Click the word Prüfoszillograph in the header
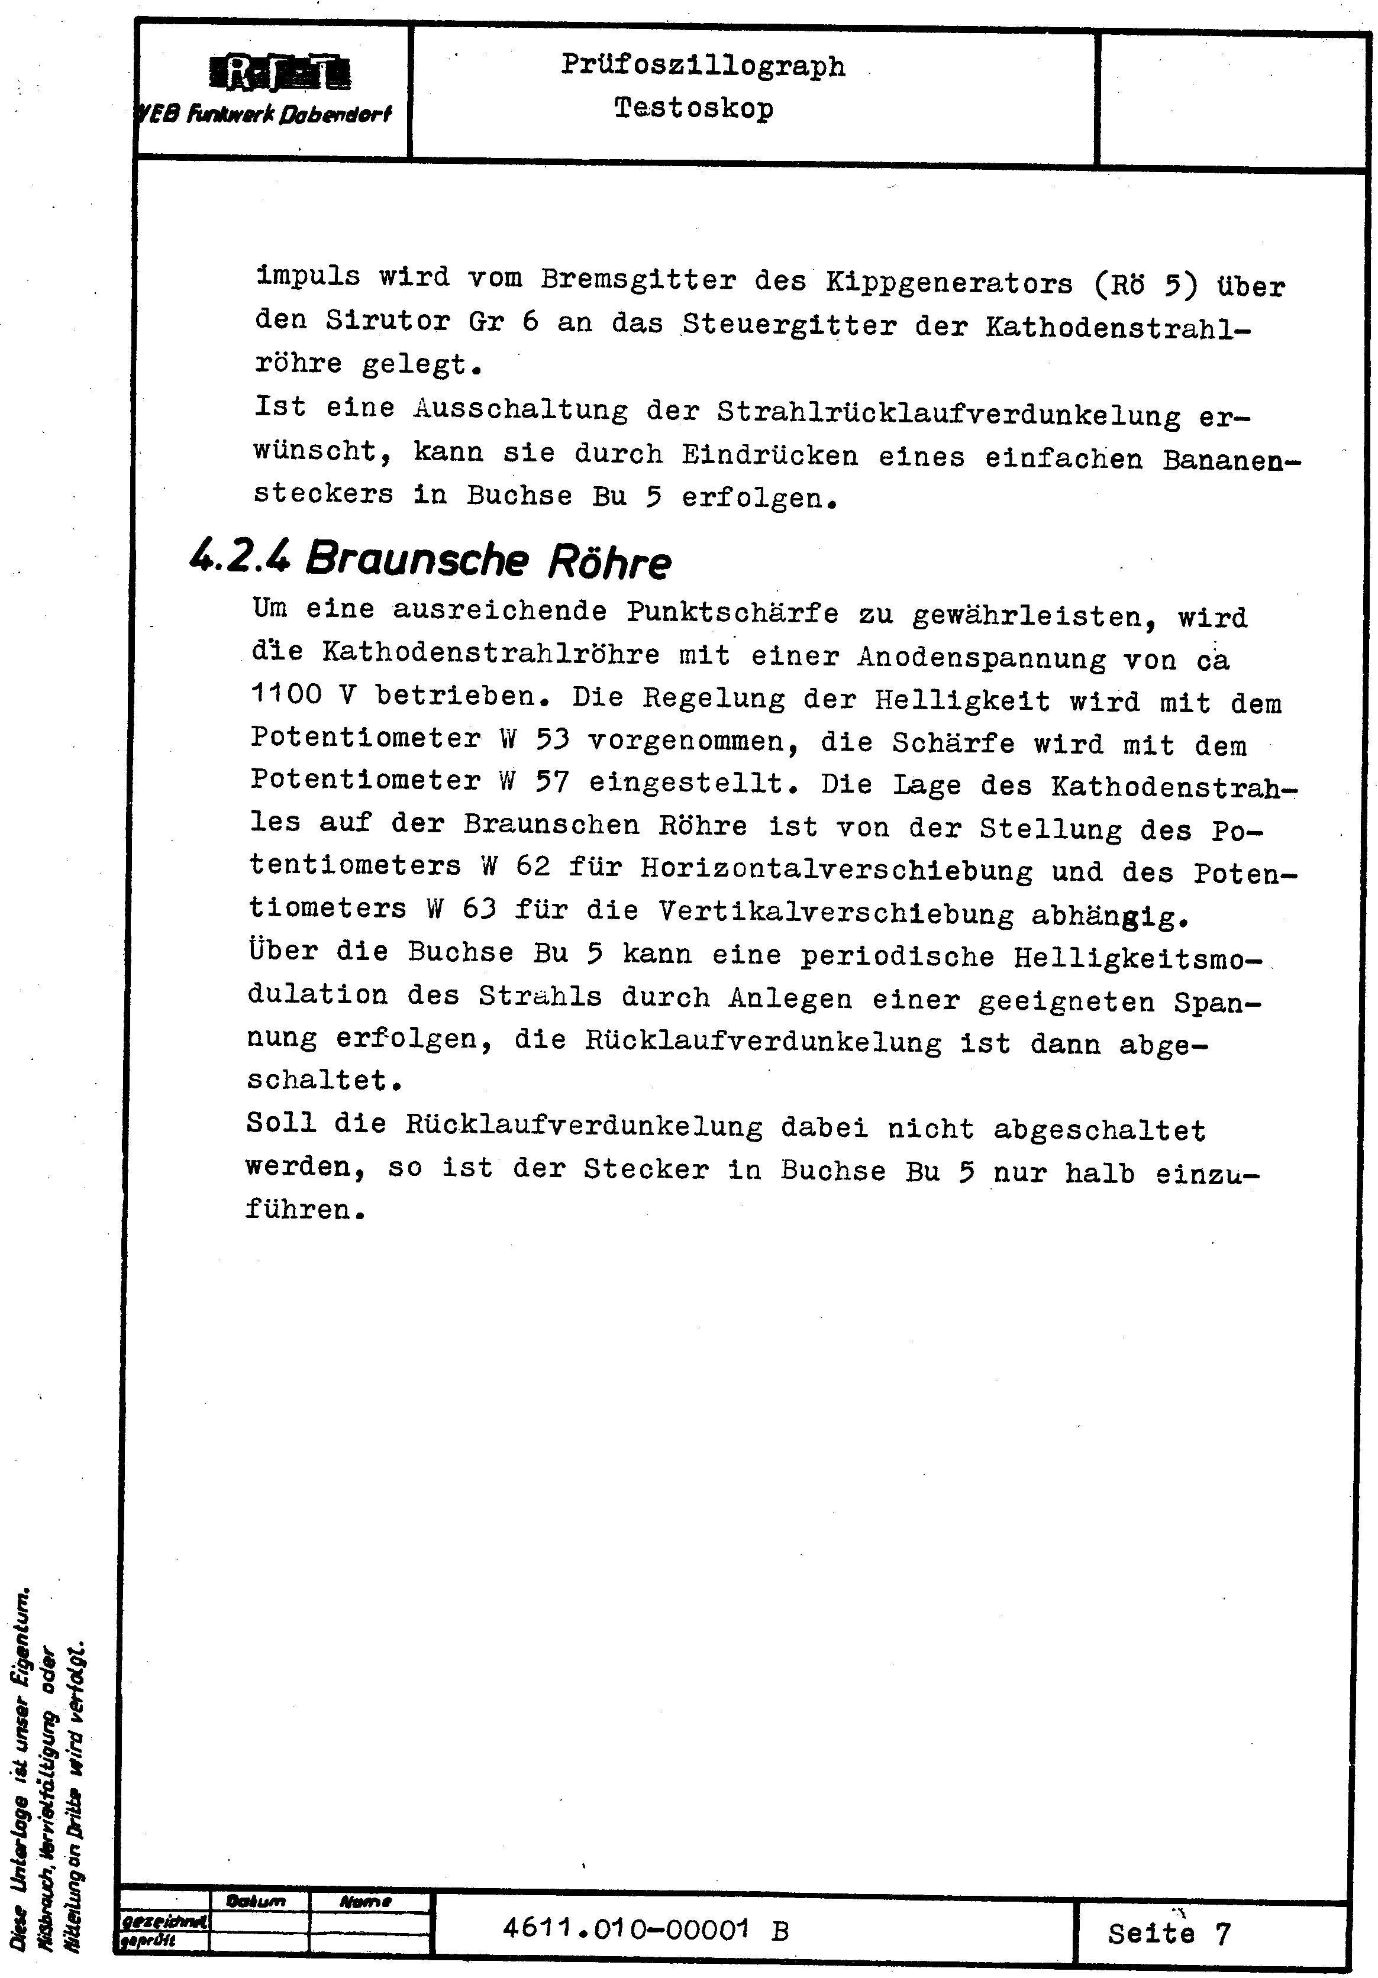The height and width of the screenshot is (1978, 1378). [703, 66]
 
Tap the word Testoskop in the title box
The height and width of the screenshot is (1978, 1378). [694, 109]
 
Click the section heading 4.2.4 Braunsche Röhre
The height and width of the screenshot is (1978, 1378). [429, 560]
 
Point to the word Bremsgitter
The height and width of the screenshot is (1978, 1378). [638, 280]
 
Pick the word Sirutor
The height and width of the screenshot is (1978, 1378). [388, 321]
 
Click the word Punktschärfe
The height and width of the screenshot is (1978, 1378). [732, 613]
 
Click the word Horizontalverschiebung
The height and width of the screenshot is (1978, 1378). [836, 870]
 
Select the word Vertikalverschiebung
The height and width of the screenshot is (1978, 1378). [836, 912]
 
